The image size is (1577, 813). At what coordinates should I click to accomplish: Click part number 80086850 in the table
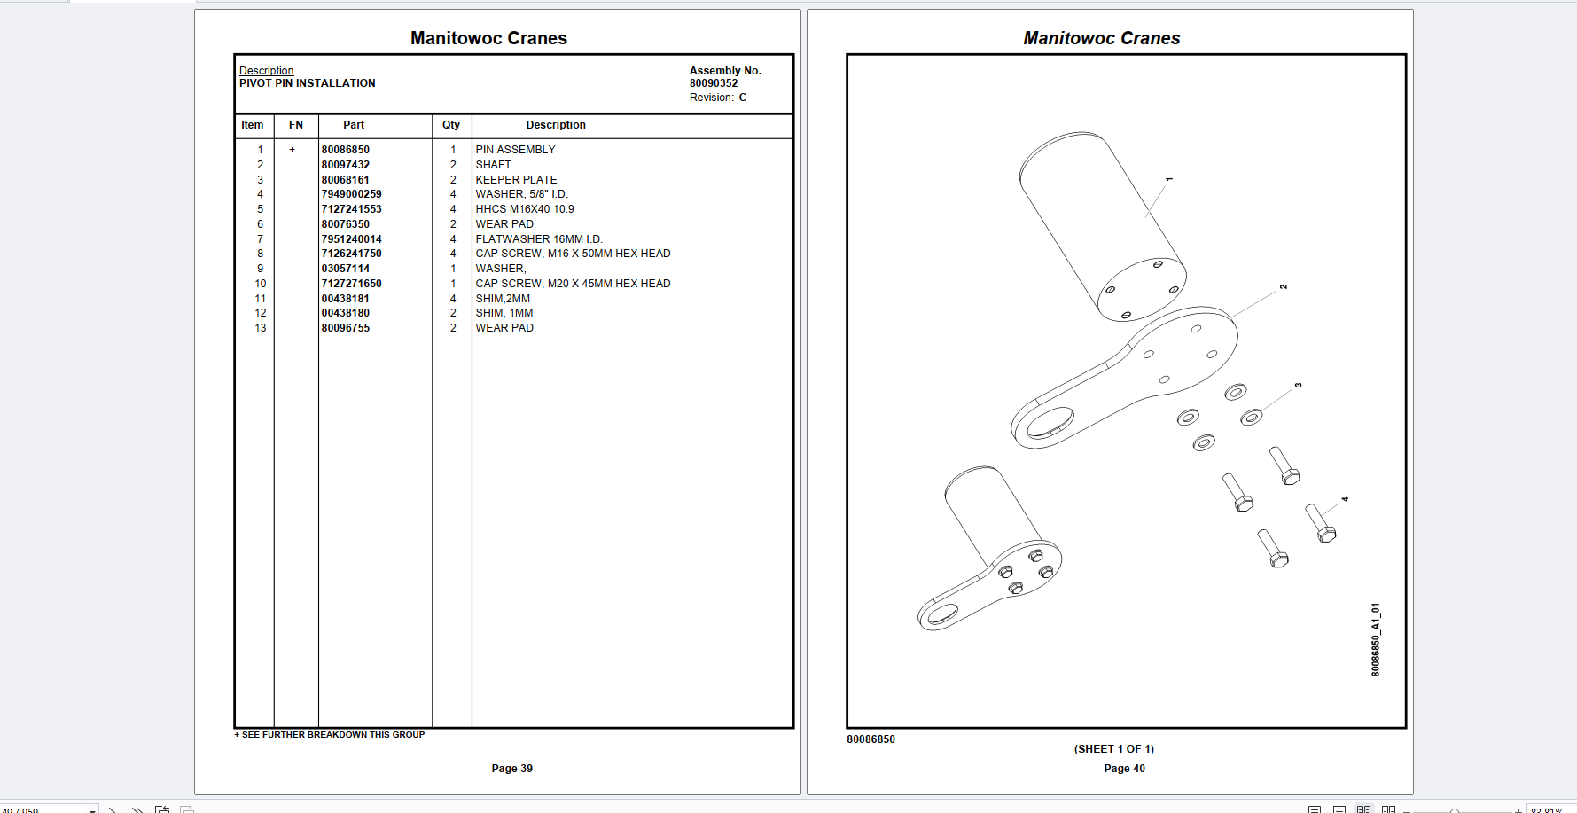[345, 150]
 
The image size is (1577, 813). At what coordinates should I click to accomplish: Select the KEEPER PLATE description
[516, 180]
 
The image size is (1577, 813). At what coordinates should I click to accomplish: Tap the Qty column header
[451, 125]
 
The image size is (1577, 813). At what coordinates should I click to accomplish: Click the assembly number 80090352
[714, 83]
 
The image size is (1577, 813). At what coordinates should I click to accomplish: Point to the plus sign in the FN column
[292, 150]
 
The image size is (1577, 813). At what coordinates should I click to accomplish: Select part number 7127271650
[351, 284]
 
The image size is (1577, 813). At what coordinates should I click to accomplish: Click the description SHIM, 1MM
[504, 313]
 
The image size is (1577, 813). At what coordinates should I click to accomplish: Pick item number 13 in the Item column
[260, 328]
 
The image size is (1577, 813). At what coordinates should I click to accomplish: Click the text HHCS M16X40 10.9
[524, 209]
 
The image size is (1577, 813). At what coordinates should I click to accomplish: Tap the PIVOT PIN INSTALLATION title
[307, 83]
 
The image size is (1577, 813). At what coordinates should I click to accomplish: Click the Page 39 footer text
[511, 769]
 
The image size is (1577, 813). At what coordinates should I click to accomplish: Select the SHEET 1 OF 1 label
[1113, 749]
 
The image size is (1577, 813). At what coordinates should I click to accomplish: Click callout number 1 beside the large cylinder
[1169, 179]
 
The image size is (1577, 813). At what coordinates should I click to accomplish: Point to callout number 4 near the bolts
[1345, 499]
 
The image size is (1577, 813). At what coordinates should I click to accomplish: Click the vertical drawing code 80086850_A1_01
[1375, 639]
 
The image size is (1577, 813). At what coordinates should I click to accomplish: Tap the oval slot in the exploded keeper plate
[1051, 422]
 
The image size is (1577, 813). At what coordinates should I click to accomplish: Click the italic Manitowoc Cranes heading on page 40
[1101, 38]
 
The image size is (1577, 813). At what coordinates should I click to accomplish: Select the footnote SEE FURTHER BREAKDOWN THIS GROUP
[330, 735]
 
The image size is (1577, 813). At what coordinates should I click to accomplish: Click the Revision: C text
[717, 98]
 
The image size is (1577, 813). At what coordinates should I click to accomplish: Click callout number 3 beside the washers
[1298, 385]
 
